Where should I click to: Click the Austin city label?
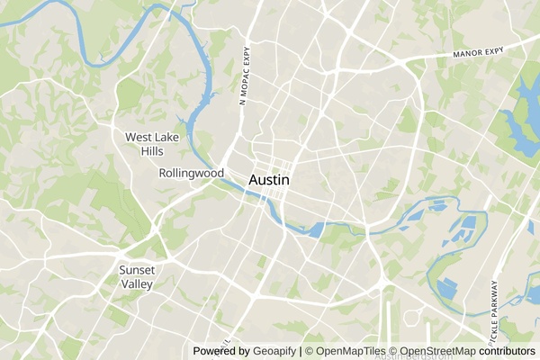(x=269, y=180)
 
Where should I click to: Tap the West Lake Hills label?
(x=152, y=143)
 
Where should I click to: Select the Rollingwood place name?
(x=191, y=173)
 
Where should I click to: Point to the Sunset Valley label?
(x=138, y=276)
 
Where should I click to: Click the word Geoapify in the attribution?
(x=274, y=351)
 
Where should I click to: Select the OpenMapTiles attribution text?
(x=345, y=351)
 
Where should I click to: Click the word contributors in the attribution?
(x=506, y=351)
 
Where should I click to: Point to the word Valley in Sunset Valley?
(x=138, y=283)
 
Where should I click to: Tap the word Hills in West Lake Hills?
(x=152, y=150)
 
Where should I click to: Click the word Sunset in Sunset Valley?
(x=138, y=269)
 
